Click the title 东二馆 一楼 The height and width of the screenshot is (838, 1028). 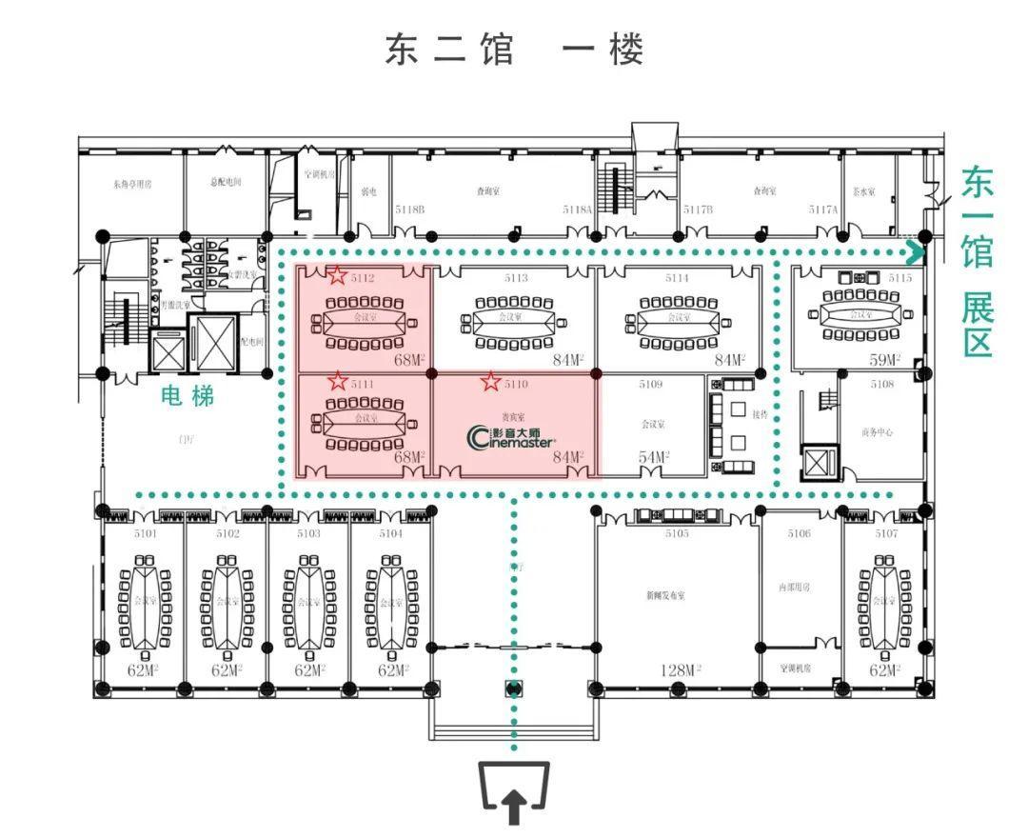(514, 50)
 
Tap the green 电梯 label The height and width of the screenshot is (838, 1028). (188, 395)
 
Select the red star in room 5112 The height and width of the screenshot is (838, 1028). (337, 276)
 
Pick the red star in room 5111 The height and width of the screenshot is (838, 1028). (337, 382)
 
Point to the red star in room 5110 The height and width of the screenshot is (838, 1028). (490, 382)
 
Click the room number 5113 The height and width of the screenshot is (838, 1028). (516, 278)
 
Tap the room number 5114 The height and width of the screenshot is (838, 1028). (677, 278)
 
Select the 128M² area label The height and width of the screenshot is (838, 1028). (680, 670)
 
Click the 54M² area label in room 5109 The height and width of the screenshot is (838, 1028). (654, 458)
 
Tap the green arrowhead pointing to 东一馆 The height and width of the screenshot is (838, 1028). (916, 253)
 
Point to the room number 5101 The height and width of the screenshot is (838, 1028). (145, 533)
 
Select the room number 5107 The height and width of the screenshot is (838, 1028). (885, 533)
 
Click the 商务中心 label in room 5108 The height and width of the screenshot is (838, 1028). (877, 432)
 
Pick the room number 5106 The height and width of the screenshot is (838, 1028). (799, 533)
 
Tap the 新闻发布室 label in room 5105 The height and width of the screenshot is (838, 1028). (665, 595)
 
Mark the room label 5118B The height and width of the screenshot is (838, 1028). (409, 209)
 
